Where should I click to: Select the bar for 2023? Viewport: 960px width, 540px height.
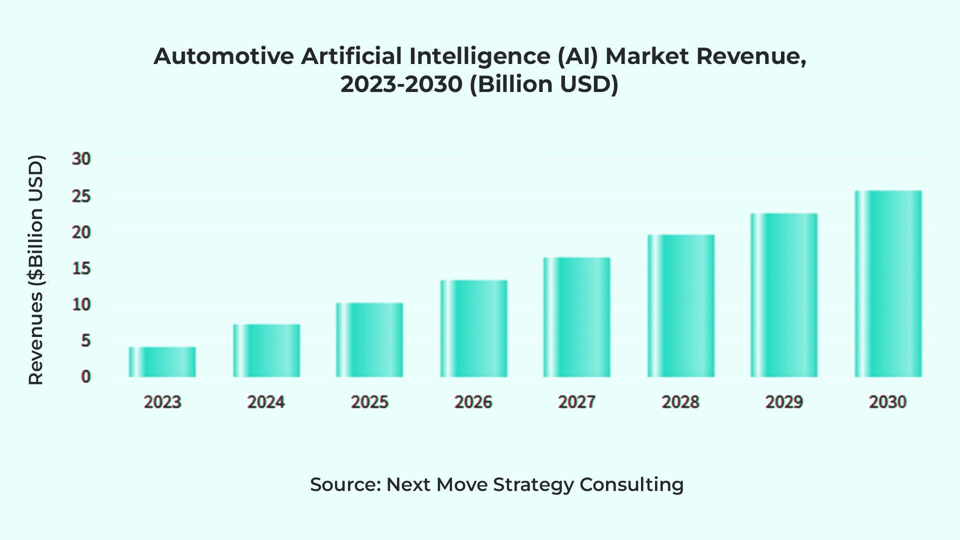(x=162, y=362)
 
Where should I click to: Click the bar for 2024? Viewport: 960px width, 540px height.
(x=266, y=350)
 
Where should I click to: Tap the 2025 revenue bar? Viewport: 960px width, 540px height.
(x=369, y=340)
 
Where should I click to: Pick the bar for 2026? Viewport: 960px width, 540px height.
(x=473, y=328)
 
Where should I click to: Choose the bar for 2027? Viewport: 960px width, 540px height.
(x=576, y=317)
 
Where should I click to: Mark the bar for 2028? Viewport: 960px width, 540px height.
(x=680, y=305)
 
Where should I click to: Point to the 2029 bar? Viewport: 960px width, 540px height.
(x=784, y=295)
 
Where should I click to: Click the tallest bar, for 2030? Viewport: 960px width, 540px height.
(x=888, y=283)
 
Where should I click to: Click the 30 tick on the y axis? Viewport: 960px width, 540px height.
(x=81, y=159)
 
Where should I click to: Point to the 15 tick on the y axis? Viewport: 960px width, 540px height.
(x=81, y=268)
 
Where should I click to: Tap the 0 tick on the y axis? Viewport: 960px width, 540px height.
(x=86, y=377)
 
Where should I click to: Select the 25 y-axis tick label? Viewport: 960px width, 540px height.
(x=81, y=196)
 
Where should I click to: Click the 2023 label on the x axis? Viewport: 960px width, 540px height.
(x=162, y=402)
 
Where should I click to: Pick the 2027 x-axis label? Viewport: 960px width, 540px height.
(x=576, y=402)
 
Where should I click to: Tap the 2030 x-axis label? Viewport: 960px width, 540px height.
(x=888, y=402)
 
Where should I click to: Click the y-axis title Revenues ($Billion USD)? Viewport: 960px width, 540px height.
(x=36, y=270)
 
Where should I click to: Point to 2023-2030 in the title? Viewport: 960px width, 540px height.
(x=401, y=84)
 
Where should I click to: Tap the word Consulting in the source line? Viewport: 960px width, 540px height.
(x=631, y=484)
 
